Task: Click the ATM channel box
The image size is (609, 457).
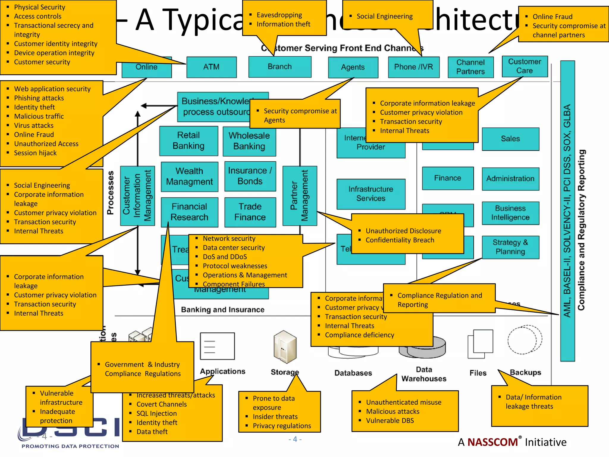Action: click(x=211, y=67)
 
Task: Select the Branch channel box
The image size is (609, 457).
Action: click(x=280, y=67)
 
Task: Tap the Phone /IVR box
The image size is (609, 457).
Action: click(x=413, y=67)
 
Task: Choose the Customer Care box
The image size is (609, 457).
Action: click(x=525, y=66)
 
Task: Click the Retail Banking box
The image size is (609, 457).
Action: click(x=189, y=140)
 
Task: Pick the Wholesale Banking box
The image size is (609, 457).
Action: click(x=249, y=141)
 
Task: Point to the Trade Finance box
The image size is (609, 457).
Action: click(x=250, y=212)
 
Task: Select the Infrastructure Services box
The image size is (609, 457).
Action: click(x=371, y=194)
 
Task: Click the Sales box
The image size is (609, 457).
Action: click(x=510, y=139)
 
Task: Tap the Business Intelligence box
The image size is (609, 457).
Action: click(x=510, y=213)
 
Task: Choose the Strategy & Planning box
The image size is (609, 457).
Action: click(x=510, y=247)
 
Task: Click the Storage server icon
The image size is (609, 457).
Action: click(x=285, y=347)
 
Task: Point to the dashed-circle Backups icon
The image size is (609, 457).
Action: click(x=525, y=339)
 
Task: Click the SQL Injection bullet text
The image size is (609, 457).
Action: click(x=156, y=414)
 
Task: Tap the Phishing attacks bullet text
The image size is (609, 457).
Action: click(x=39, y=98)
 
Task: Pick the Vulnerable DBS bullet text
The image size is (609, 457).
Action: click(x=390, y=421)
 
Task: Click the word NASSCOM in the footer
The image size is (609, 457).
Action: click(x=492, y=442)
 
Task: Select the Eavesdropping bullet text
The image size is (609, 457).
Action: click(x=279, y=15)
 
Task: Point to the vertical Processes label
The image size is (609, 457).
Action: click(x=110, y=192)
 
